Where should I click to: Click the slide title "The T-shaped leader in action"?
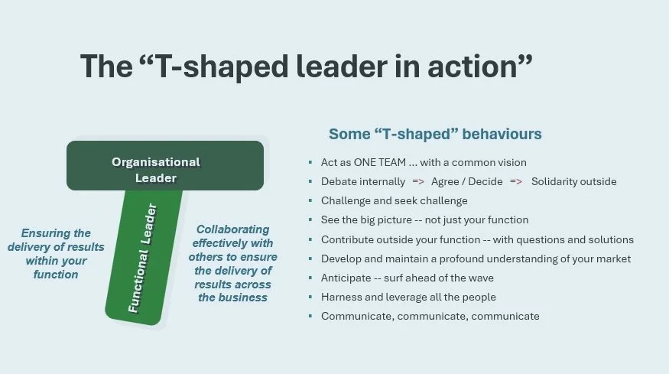click(306, 66)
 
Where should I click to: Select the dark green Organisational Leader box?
click(165, 165)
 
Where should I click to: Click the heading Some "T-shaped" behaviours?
click(435, 134)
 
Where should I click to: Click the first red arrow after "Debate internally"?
click(418, 182)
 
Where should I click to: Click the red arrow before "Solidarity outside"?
click(516, 182)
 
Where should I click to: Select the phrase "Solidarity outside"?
click(573, 182)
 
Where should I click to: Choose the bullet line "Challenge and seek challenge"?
click(394, 201)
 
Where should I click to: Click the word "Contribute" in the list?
click(348, 239)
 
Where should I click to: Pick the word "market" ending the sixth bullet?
click(612, 259)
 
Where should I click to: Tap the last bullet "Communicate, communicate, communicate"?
click(430, 316)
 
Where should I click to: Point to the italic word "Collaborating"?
click(232, 229)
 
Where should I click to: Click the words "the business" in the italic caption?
click(232, 298)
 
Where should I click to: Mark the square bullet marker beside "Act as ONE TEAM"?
click(310, 163)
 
